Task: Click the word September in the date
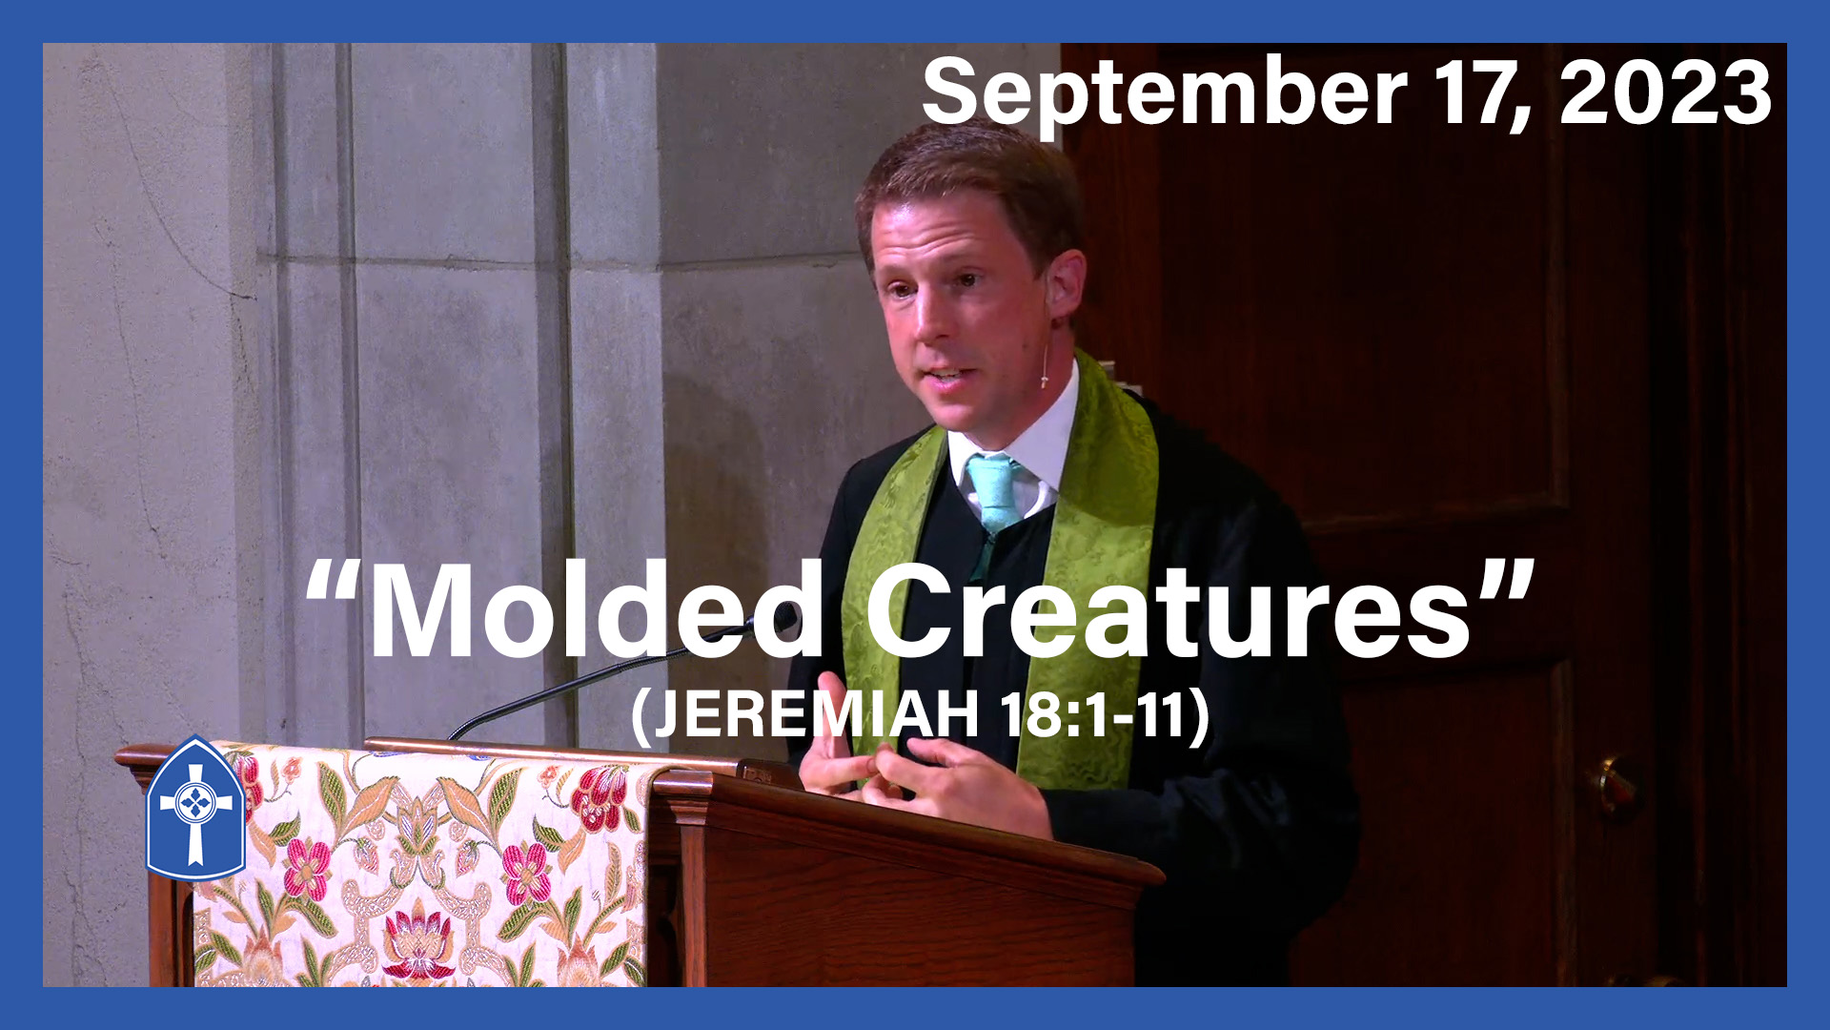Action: click(x=1164, y=95)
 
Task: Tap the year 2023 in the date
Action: click(x=1665, y=93)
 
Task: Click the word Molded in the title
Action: click(x=596, y=610)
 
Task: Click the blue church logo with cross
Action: click(x=195, y=809)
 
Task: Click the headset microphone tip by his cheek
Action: click(x=1045, y=381)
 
